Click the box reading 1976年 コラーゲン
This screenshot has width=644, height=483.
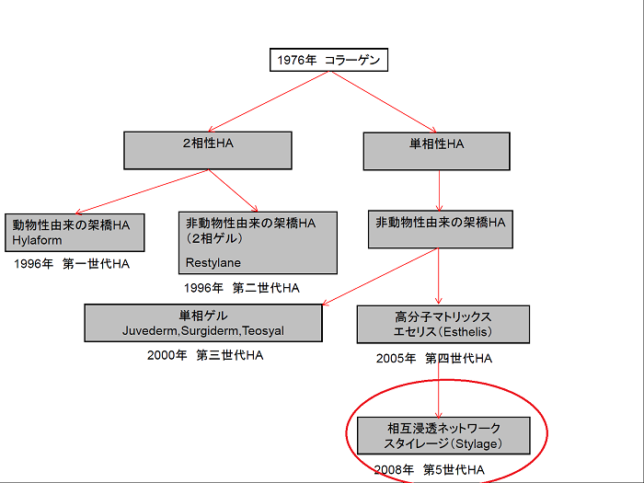click(x=328, y=60)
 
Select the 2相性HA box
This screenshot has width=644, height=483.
click(x=208, y=150)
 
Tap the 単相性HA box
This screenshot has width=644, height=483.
click(x=437, y=151)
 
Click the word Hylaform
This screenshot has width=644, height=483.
click(x=37, y=240)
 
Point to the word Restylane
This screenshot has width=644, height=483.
click(x=213, y=262)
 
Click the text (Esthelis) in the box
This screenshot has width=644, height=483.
click(x=465, y=332)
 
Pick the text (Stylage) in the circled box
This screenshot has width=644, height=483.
click(x=476, y=444)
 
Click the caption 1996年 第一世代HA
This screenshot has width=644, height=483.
click(x=72, y=264)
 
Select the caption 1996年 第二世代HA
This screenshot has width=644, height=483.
click(x=241, y=288)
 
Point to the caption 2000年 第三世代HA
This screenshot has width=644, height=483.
click(x=205, y=355)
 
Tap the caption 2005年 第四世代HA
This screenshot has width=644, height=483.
click(x=433, y=359)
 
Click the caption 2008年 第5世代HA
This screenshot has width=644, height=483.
click(x=430, y=469)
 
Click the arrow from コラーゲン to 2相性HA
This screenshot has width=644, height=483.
click(x=269, y=101)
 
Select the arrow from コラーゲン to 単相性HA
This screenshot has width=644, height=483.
click(x=384, y=102)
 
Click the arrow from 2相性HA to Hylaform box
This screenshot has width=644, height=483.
click(x=142, y=191)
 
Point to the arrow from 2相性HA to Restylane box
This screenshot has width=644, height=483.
click(x=234, y=190)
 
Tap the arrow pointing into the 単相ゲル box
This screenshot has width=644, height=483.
click(x=380, y=276)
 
